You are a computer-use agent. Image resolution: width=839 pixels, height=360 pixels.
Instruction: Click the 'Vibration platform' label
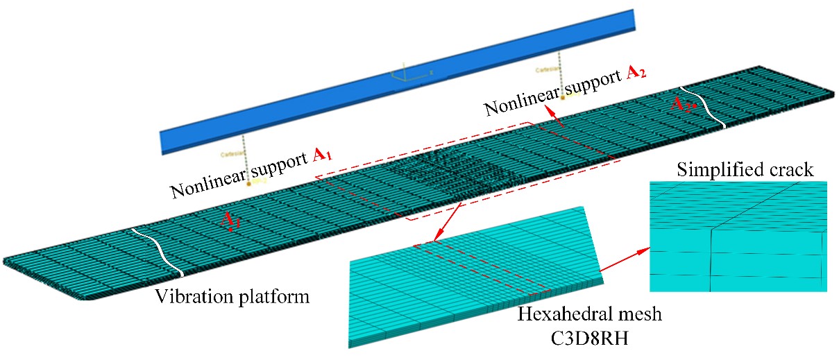[x=232, y=297]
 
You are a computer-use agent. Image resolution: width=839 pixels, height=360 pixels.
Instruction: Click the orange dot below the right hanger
[x=563, y=98]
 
